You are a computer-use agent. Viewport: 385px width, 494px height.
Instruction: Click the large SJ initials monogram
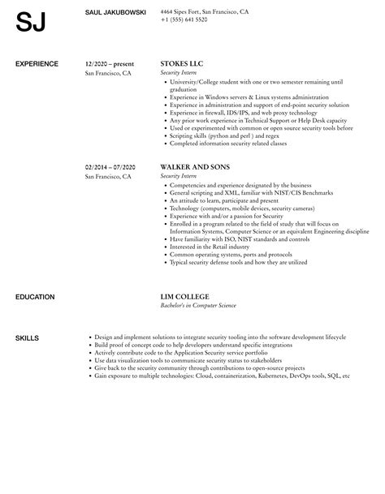(31, 24)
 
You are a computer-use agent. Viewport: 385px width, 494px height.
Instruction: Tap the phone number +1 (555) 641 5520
(184, 19)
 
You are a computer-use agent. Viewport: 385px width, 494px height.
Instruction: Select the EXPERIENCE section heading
(38, 63)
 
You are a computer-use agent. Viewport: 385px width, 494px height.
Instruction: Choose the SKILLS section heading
(28, 315)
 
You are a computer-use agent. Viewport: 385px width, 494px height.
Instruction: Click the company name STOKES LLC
(182, 63)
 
